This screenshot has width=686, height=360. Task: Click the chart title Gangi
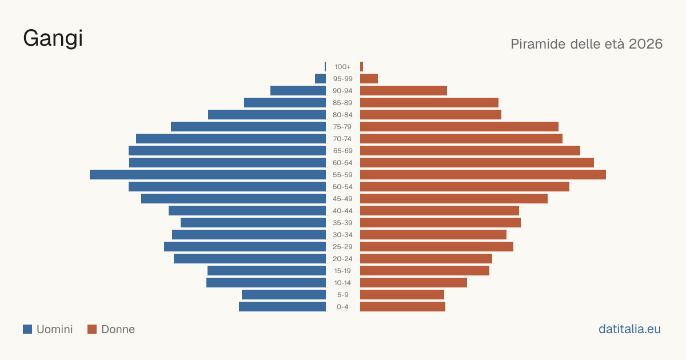point(53,39)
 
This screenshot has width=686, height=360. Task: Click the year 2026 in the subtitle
point(645,44)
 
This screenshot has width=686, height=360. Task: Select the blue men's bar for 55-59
point(208,174)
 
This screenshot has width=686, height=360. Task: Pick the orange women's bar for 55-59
point(483,174)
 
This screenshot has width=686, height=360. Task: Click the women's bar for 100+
point(362,67)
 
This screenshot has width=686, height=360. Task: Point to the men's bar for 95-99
point(320,79)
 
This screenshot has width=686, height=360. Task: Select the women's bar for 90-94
point(404,91)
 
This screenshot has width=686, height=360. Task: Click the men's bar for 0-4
point(282,306)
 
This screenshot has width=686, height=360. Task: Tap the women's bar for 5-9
point(402,294)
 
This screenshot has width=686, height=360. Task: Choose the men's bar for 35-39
point(253,222)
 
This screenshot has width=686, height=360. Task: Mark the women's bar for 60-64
point(477,162)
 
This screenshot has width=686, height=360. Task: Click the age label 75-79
point(342,127)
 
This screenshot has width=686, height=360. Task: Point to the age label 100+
point(342,67)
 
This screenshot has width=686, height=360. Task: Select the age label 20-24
point(342,259)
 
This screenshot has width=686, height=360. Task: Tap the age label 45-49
point(342,199)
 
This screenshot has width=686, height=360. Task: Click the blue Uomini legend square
point(27,329)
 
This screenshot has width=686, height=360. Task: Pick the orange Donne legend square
point(92,329)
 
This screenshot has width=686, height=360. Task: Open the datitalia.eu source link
point(629,329)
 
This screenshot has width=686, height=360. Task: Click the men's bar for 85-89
point(285,102)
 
